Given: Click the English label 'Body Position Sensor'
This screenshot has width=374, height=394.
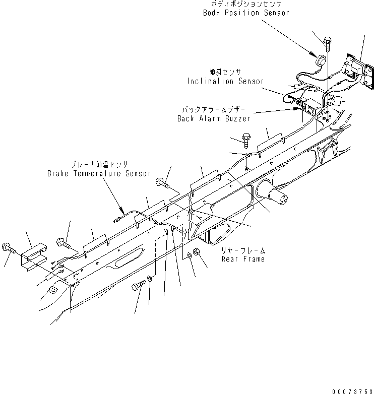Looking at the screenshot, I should tap(246, 13).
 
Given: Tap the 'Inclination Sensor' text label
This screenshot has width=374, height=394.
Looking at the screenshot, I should tap(225, 81).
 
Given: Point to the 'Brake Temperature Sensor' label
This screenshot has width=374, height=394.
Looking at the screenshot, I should tap(99, 173).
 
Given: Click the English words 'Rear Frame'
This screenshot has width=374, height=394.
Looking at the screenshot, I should tap(243, 259).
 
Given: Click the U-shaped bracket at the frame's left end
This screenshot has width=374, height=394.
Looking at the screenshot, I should tap(34, 255).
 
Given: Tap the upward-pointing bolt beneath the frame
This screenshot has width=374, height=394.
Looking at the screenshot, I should tap(137, 288).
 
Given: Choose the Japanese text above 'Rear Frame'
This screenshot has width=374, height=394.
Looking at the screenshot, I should tap(243, 250).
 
